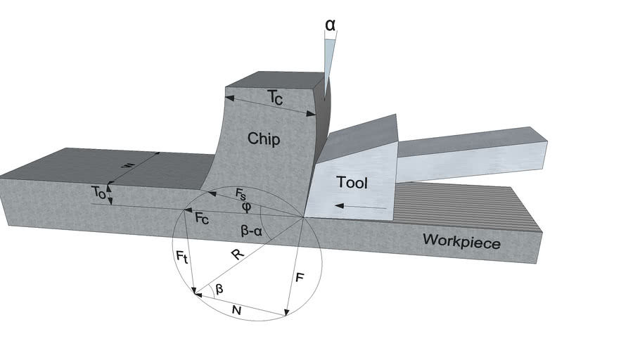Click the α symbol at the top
click(x=330, y=25)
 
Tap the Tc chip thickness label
click(x=275, y=99)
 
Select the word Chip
click(x=264, y=139)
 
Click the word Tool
click(x=352, y=183)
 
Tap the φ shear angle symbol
click(x=245, y=207)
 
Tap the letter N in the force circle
click(x=238, y=310)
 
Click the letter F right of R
click(x=300, y=278)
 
